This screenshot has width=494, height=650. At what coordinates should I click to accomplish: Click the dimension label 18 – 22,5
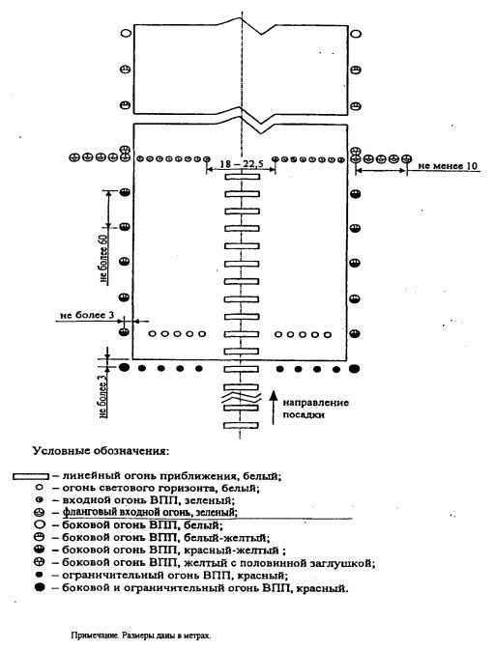click(241, 164)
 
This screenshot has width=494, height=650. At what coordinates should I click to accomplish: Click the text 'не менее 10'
click(448, 166)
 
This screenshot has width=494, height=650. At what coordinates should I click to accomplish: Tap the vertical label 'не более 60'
click(104, 260)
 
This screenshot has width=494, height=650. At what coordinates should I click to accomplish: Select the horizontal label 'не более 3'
click(87, 316)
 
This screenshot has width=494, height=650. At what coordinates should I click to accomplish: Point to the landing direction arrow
click(273, 408)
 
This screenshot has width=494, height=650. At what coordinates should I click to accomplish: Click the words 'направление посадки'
click(316, 409)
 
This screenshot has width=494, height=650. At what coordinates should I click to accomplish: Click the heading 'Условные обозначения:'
click(101, 451)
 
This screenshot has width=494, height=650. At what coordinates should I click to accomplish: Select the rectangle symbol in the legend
click(31, 476)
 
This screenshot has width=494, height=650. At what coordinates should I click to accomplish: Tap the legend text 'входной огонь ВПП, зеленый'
click(149, 500)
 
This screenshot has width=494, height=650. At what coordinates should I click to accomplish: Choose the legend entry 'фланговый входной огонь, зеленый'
click(150, 513)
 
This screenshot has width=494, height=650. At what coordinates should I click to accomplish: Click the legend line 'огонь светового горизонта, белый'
click(160, 488)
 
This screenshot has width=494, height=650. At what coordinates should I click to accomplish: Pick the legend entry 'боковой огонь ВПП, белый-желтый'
click(165, 538)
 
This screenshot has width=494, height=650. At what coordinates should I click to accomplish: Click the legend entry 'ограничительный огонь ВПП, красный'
click(175, 576)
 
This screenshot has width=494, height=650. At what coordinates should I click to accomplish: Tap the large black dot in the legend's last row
click(40, 587)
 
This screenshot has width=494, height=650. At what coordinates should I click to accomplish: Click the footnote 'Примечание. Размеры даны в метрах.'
click(140, 636)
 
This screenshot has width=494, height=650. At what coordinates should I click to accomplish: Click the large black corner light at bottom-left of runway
click(124, 367)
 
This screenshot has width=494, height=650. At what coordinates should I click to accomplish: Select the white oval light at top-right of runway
click(356, 34)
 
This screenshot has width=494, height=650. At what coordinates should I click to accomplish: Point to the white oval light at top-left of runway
click(126, 34)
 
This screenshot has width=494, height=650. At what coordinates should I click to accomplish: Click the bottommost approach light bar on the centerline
click(241, 425)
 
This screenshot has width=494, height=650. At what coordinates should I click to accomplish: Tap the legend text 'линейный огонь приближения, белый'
click(172, 476)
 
